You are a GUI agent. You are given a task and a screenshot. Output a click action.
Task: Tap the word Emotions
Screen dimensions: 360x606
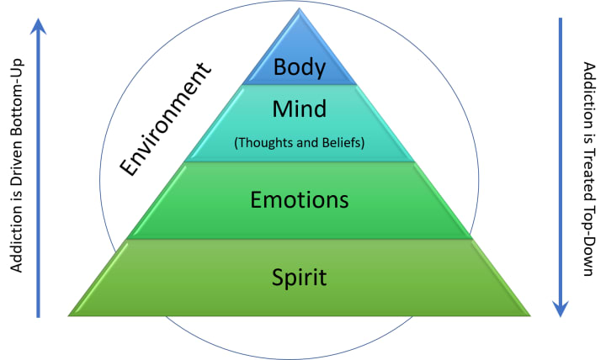[300, 199]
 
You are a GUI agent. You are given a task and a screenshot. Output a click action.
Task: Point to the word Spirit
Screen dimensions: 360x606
[300, 275]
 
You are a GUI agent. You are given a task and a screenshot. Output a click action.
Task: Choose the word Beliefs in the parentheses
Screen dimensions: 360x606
[343, 142]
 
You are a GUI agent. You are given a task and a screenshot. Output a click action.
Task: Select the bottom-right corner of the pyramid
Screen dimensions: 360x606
[530, 315]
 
